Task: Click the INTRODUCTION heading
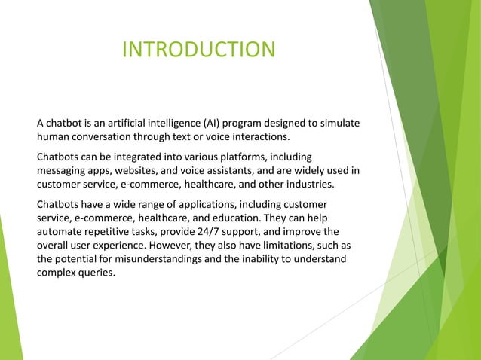[x=198, y=50]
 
